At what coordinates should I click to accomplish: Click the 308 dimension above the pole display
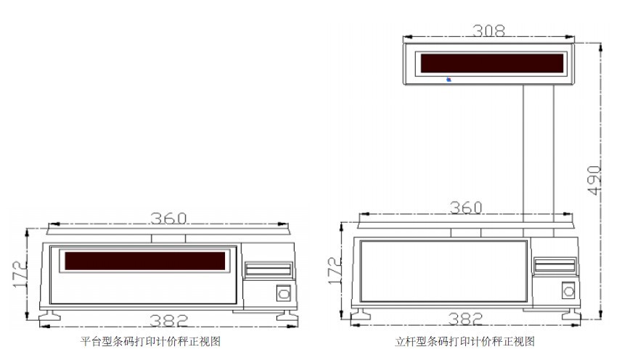pos(488,30)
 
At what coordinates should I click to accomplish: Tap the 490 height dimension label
pos(594,181)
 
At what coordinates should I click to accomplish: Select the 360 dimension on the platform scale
pos(168,218)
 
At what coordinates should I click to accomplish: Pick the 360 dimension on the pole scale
pos(466,208)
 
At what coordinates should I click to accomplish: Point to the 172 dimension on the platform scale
pos(20,274)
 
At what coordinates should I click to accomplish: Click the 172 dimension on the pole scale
pos(335,271)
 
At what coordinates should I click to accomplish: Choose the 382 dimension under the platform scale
pos(169,320)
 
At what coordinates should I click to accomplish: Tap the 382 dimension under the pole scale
pos(465,319)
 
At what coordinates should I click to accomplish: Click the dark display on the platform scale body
pos(144,261)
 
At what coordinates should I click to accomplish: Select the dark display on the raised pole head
pos(492,63)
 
